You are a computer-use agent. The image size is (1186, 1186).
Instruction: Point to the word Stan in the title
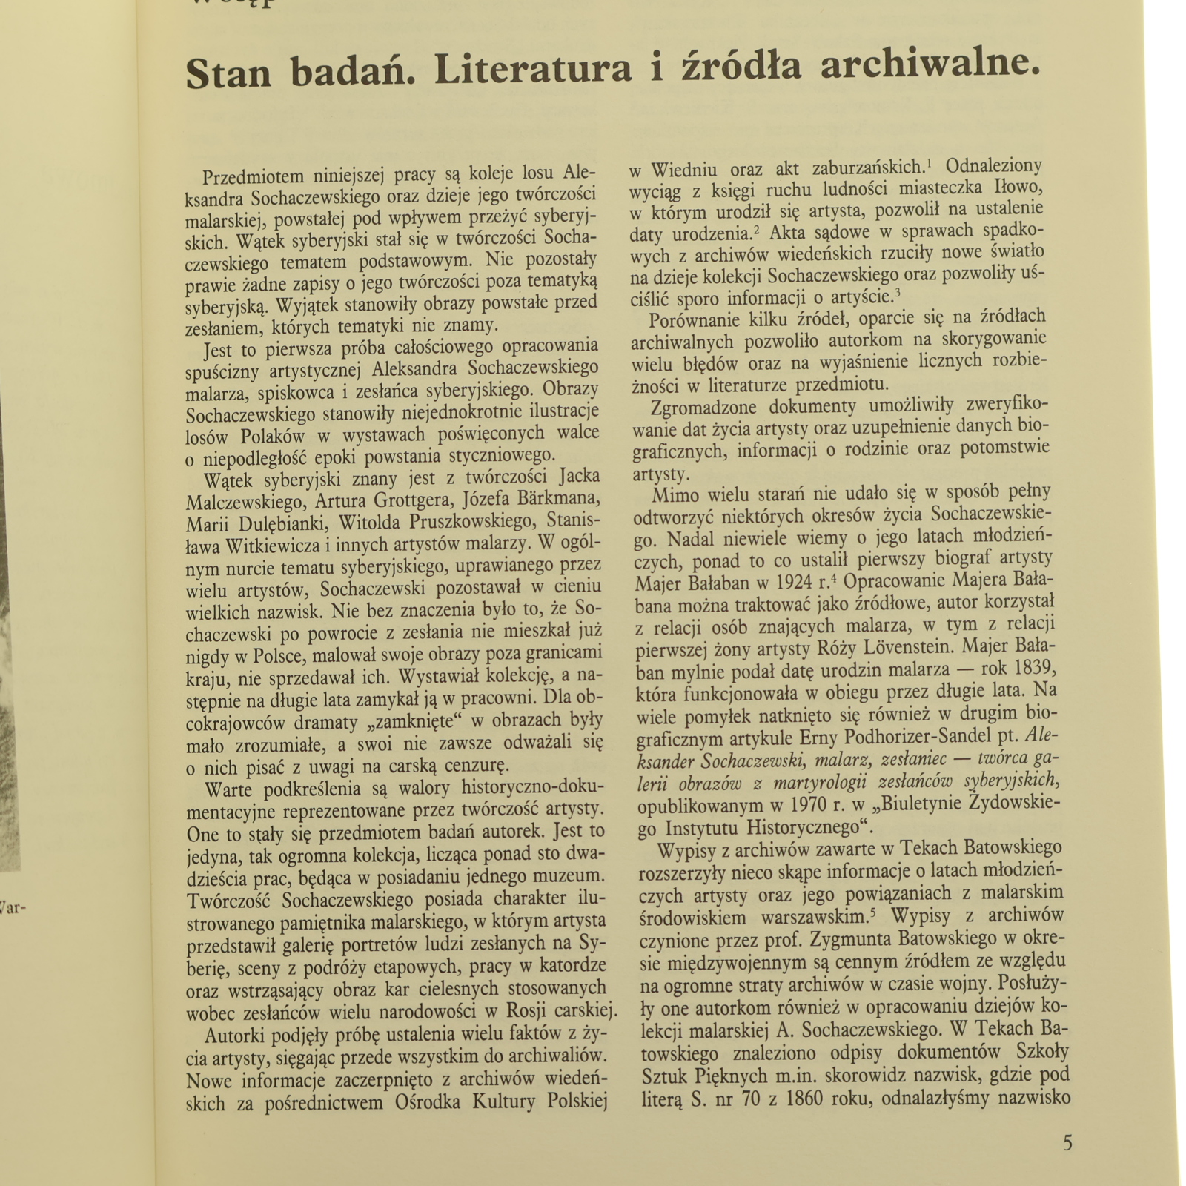228,73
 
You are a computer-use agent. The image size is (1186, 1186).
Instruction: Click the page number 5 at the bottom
1067,1142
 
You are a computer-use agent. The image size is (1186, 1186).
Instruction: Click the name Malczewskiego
244,502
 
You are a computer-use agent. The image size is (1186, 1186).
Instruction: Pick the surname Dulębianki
278,523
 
